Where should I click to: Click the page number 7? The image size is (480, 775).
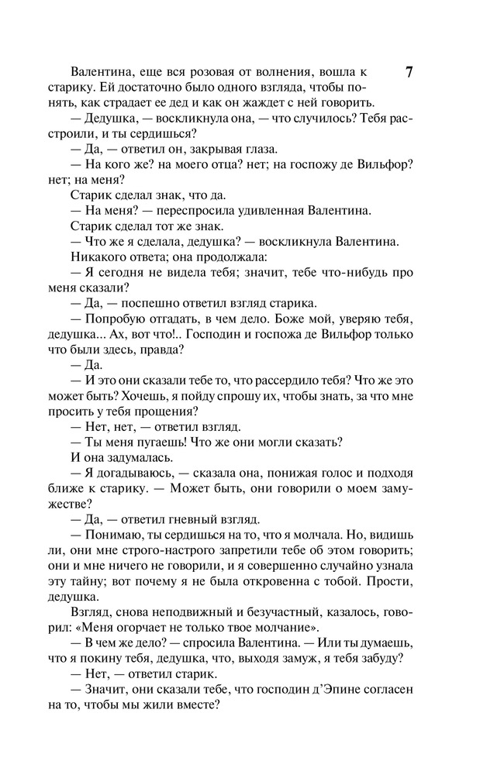click(x=408, y=73)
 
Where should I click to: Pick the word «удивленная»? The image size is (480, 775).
click(x=286, y=211)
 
